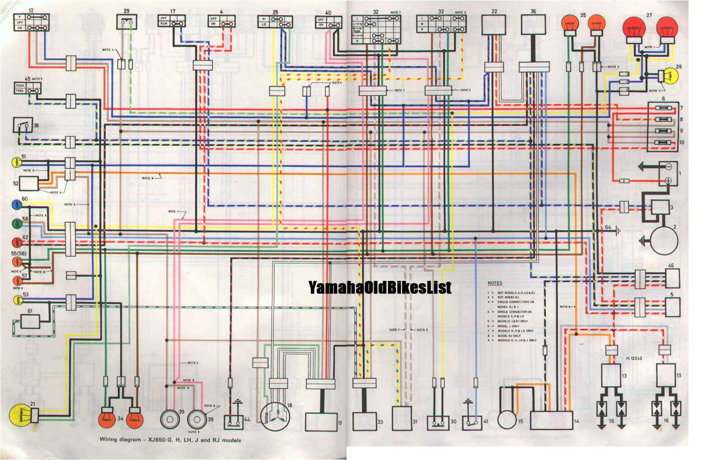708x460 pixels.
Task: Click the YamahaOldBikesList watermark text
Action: (380, 287)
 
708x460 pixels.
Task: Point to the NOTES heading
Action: (495, 283)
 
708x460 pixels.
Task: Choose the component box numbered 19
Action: (321, 422)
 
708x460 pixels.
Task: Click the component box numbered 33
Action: (365, 421)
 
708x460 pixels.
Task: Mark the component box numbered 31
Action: (402, 418)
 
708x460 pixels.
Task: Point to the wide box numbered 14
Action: (551, 420)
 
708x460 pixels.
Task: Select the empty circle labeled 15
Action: (506, 420)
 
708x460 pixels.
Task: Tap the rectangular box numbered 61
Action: (30, 322)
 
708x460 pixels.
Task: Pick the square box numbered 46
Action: (672, 279)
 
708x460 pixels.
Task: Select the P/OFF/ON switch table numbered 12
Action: (32, 22)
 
